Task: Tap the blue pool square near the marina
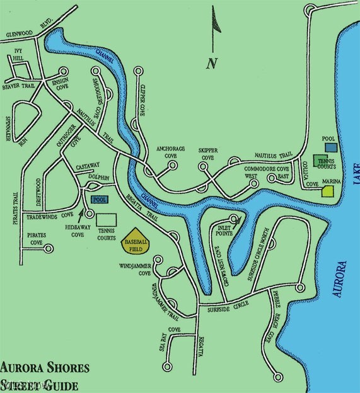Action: point(330,146)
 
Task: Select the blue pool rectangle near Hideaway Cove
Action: point(99,200)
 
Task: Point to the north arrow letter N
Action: point(211,62)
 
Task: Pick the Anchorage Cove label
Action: point(171,152)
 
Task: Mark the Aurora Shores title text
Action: point(44,367)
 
